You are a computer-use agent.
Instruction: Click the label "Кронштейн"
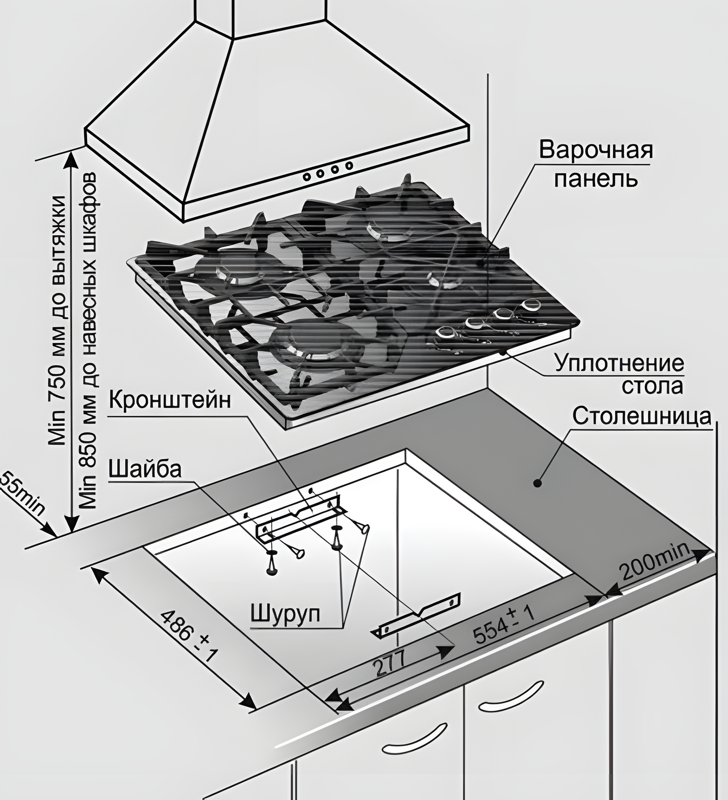(x=170, y=401)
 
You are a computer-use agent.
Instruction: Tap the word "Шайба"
(x=145, y=470)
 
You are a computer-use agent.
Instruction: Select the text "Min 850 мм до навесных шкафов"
(x=90, y=340)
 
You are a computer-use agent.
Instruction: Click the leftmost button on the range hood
(x=307, y=176)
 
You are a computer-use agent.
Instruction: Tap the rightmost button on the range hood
(x=349, y=165)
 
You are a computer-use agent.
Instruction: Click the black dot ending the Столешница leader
(x=538, y=484)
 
